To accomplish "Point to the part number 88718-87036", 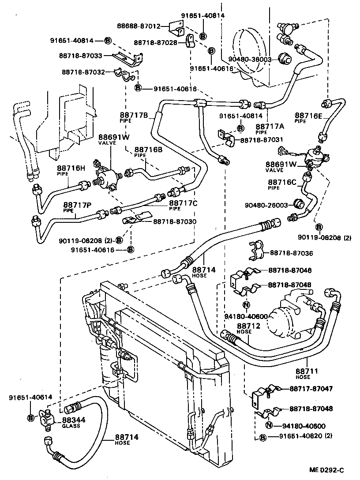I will (291, 253).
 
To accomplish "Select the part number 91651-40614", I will (30, 397).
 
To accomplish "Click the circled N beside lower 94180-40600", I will (268, 426).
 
